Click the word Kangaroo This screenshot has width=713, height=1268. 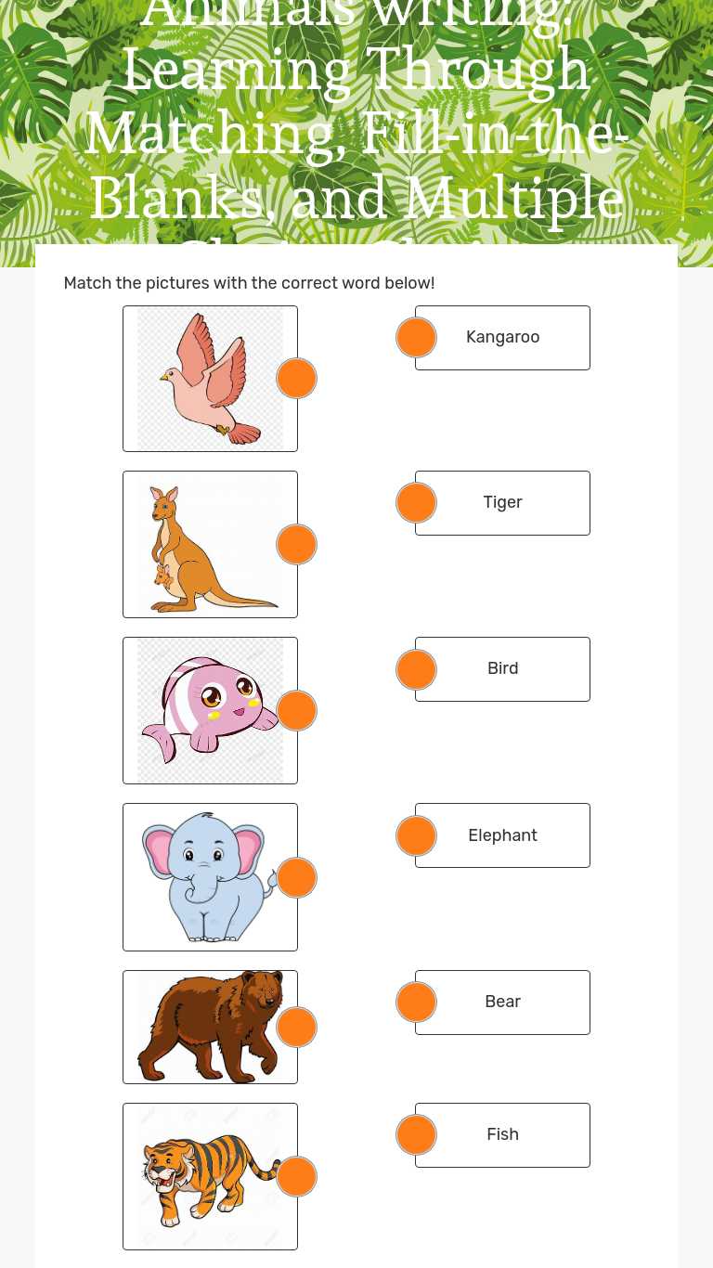pyautogui.click(x=502, y=337)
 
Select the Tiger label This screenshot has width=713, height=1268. pyautogui.click(x=502, y=502)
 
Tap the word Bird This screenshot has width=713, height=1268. pyautogui.click(x=502, y=668)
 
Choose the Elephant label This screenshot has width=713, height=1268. pyautogui.click(x=502, y=835)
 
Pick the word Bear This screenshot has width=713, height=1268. pyautogui.click(x=502, y=1002)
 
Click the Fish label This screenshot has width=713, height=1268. pyautogui.click(x=502, y=1134)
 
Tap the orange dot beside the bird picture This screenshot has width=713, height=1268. pyautogui.click(x=297, y=379)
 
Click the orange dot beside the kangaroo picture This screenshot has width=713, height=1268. pyautogui.click(x=297, y=544)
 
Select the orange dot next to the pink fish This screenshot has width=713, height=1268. pyautogui.click(x=297, y=711)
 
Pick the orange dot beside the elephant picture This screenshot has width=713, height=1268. pyautogui.click(x=297, y=878)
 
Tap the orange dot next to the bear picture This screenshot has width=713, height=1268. pyautogui.click(x=297, y=1028)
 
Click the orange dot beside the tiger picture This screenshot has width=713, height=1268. pyautogui.click(x=297, y=1177)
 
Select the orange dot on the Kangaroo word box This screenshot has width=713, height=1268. pyautogui.click(x=416, y=338)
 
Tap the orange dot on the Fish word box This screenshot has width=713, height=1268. pyautogui.click(x=416, y=1135)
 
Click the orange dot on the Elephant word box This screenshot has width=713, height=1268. pyautogui.click(x=416, y=836)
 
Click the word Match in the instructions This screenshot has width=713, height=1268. pyautogui.click(x=87, y=283)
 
